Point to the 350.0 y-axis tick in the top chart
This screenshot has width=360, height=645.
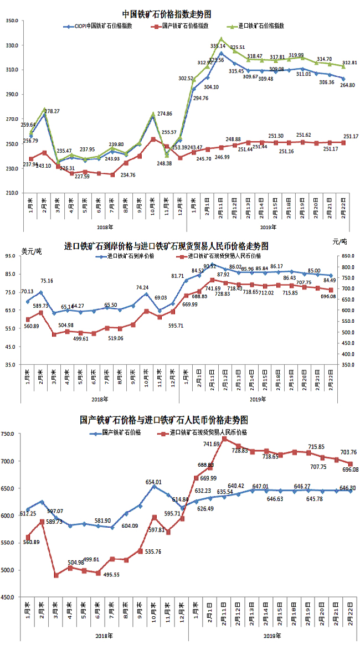(12, 20)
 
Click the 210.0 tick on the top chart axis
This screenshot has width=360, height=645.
(12, 193)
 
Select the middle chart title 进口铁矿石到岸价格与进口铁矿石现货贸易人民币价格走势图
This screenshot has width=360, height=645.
(167, 246)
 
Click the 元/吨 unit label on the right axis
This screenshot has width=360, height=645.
(340, 242)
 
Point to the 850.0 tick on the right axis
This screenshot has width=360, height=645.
(346, 256)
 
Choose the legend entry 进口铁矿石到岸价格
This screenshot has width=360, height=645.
(131, 256)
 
